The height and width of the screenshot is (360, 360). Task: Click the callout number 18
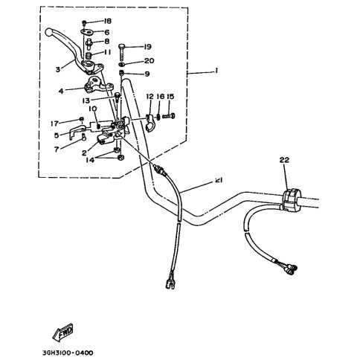point(108,21)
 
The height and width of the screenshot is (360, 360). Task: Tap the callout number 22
point(284,160)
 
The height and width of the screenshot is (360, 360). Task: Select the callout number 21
point(219,180)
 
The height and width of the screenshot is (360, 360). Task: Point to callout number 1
point(216,71)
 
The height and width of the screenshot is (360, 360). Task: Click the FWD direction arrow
point(63,332)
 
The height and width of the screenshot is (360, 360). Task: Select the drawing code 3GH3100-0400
point(65,353)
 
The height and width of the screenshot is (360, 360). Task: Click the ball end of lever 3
point(49,32)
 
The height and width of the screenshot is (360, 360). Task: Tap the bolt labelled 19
point(122,52)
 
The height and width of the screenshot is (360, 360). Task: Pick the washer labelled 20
point(122,65)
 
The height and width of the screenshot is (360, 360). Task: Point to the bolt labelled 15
point(169,115)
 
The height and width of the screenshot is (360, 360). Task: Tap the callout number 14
point(90,160)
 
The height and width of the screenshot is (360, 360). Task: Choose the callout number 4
point(61,91)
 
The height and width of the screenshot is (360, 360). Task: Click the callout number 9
point(147,74)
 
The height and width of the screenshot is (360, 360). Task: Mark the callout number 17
point(54,123)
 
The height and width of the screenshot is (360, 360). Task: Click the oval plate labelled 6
point(87,32)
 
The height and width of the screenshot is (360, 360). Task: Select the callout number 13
point(86,100)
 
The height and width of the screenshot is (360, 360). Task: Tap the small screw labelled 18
point(84,23)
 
